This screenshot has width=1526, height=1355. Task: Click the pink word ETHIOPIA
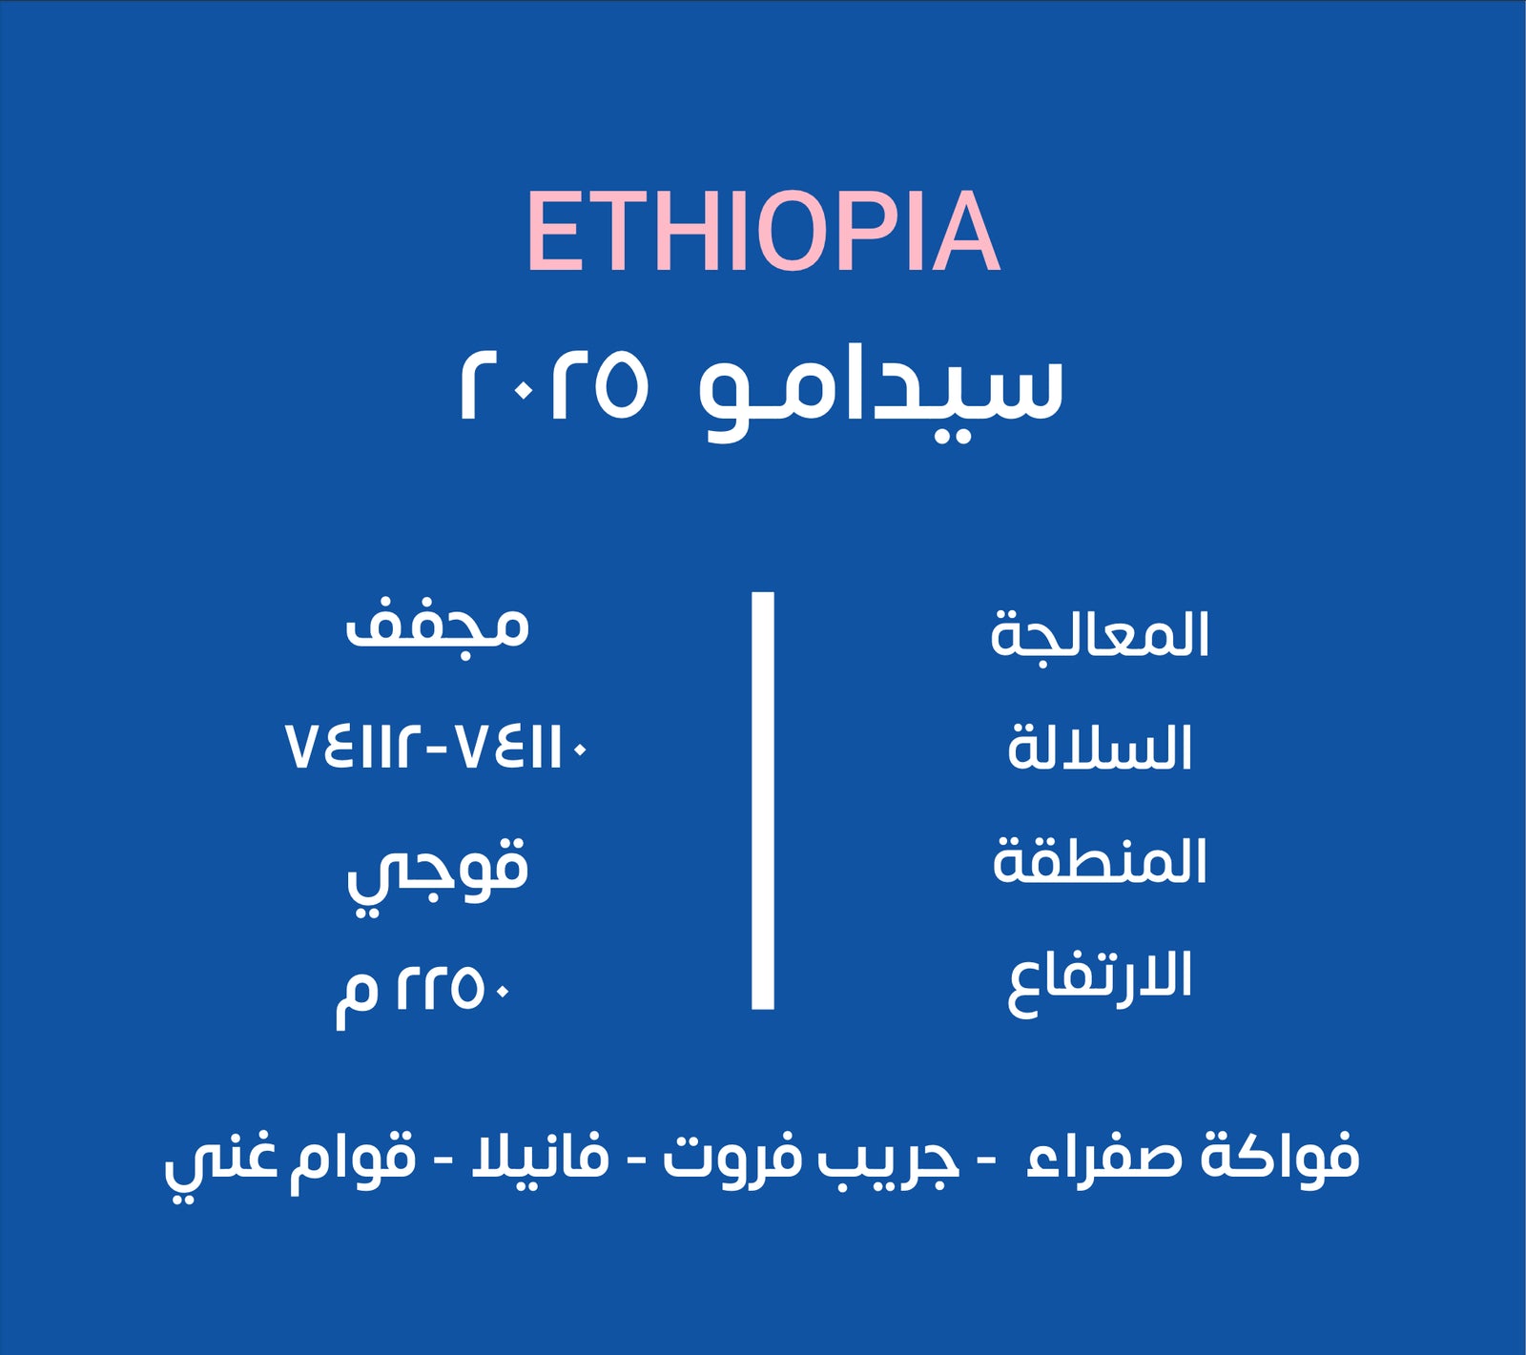(x=763, y=232)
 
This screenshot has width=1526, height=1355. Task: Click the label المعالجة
(x=1100, y=634)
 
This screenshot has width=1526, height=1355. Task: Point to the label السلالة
(x=1100, y=748)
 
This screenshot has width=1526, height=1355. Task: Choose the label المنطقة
(x=1100, y=860)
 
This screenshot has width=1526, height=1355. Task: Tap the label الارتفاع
(x=1100, y=978)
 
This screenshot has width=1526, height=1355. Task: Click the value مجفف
(x=437, y=626)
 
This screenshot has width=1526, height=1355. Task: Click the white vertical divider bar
(x=762, y=800)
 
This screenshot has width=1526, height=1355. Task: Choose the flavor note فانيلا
(x=540, y=1155)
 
